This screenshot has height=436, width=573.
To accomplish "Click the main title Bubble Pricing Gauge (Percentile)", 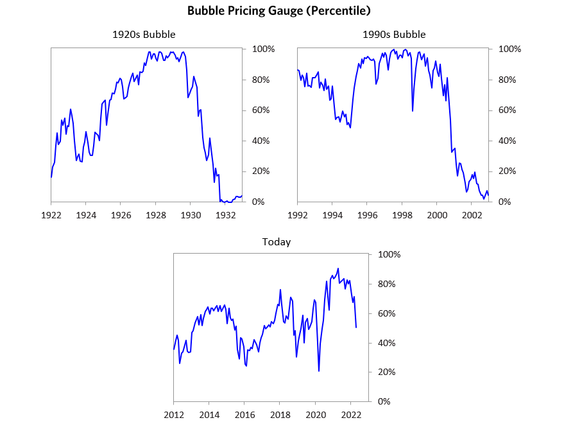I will pos(278,11).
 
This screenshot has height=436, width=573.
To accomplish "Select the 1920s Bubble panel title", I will pos(144,35).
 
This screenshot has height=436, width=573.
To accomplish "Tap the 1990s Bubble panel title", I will pos(393,35).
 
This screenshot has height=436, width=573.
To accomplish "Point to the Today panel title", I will pos(277,242).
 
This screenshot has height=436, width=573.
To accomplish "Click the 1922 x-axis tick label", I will pos(51,214).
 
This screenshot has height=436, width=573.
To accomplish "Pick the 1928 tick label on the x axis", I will pos(155,214).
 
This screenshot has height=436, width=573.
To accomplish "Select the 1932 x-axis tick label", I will pos(225,214).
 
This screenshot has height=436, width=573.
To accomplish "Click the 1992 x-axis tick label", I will pos(297,214).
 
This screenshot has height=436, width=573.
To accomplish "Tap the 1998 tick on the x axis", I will pos(402,214).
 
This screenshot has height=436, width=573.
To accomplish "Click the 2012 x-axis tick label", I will pos(174,414).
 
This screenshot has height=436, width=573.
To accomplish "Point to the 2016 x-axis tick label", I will pos(244,414).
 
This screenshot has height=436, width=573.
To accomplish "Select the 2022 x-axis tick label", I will pos(350,414).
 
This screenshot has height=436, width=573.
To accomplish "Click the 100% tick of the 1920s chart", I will pos(264,49).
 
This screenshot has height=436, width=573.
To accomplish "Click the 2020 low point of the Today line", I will pos(319,371).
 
